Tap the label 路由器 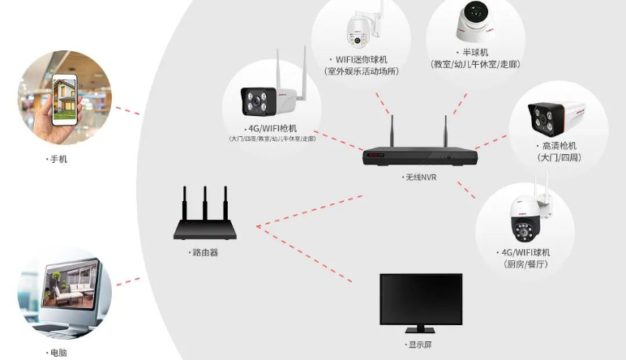(x=205, y=252)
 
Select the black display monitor (x=421, y=302)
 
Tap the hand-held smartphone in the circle (x=64, y=96)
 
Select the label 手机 (x=58, y=160)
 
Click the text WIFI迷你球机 (x=361, y=59)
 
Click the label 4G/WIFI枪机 (x=272, y=128)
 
